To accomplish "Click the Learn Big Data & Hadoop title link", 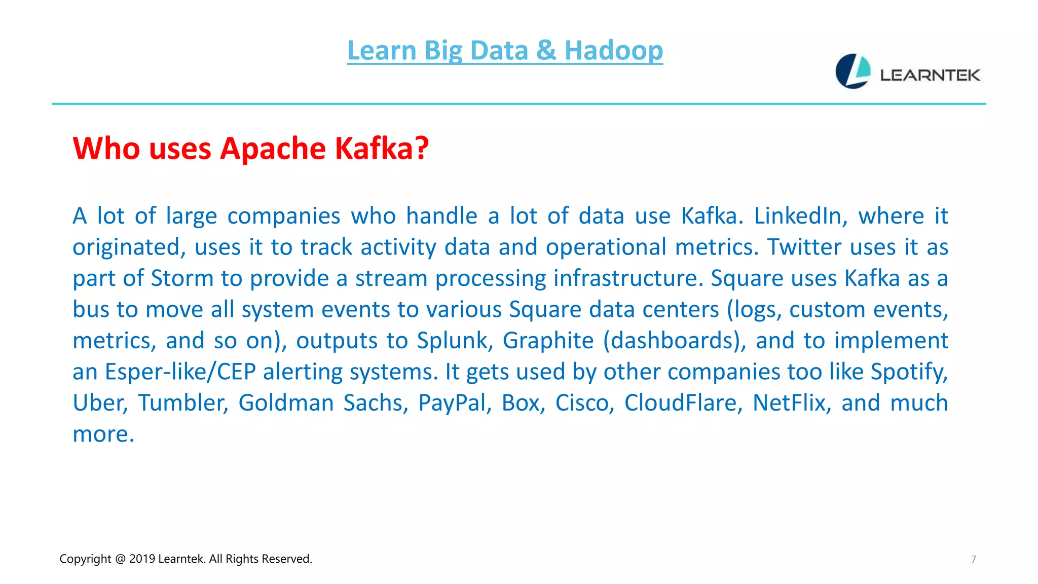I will pyautogui.click(x=505, y=51).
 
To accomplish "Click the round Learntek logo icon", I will pyautogui.click(x=853, y=71).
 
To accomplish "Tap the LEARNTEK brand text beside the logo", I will pyautogui.click(x=930, y=76).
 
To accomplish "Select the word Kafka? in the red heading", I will pyautogui.click(x=382, y=149).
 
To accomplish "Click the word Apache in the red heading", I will pyautogui.click(x=273, y=150).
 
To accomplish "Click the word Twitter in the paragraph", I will pyautogui.click(x=804, y=247).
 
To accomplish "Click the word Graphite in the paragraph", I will pyautogui.click(x=548, y=341).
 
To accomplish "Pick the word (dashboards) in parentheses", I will pyautogui.click(x=674, y=341).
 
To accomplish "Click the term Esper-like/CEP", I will pyautogui.click(x=180, y=372).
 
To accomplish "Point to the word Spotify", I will pyautogui.click(x=909, y=372).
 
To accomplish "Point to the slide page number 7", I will pyautogui.click(x=973, y=559).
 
